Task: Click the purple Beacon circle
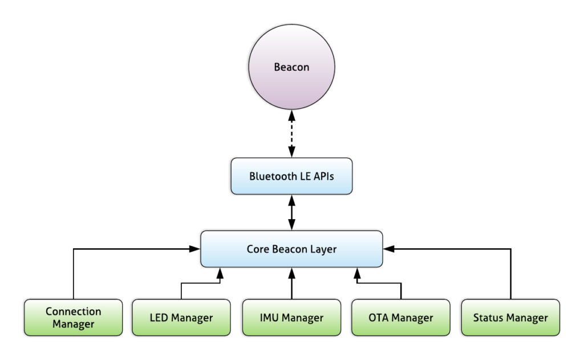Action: click(291, 67)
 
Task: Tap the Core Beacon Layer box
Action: click(291, 249)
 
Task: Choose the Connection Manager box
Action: click(73, 317)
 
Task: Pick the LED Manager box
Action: click(181, 317)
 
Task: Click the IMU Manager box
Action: click(291, 317)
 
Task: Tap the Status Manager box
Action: click(510, 317)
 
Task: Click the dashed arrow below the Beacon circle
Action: click(291, 135)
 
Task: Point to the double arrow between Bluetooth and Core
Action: click(291, 212)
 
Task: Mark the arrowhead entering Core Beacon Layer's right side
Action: click(388, 249)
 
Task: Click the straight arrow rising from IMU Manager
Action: click(291, 284)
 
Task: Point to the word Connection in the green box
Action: click(73, 312)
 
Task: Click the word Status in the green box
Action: click(488, 317)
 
